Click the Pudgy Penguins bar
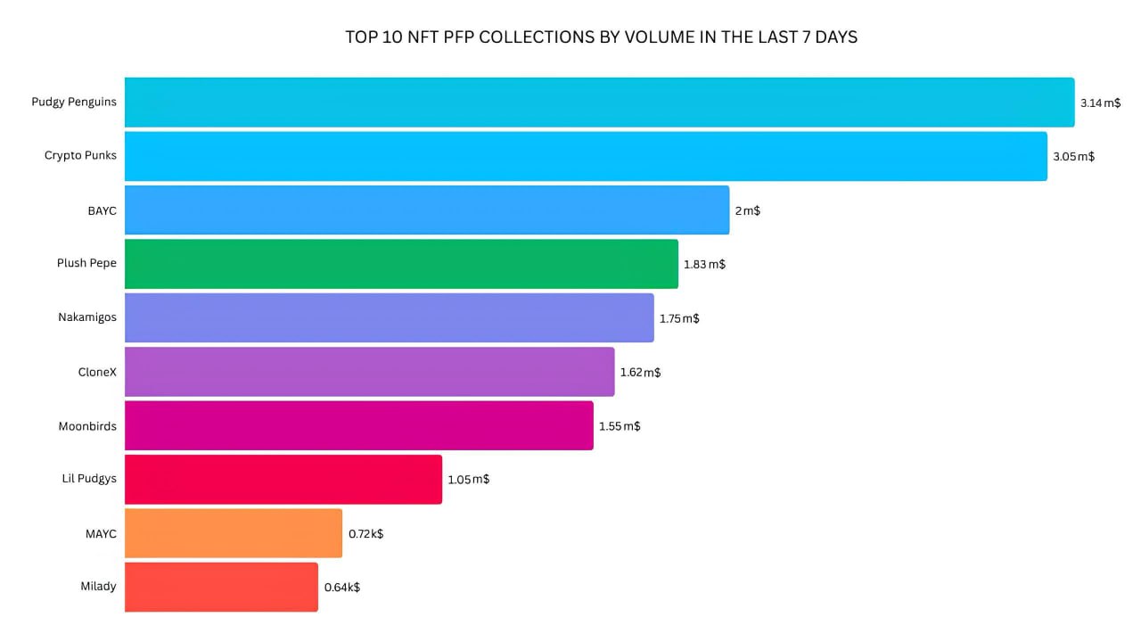[599, 103]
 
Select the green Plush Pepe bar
[401, 264]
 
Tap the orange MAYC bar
[234, 533]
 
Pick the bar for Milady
[221, 587]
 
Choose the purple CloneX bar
[369, 372]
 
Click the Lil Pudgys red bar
[283, 480]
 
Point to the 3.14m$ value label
[1100, 103]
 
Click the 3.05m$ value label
[1073, 156]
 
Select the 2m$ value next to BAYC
[747, 210]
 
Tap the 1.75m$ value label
[679, 318]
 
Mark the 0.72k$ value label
[365, 533]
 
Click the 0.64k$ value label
[341, 587]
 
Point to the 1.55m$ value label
[619, 426]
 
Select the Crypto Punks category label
[80, 155]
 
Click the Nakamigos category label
[87, 317]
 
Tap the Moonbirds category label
[87, 425]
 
